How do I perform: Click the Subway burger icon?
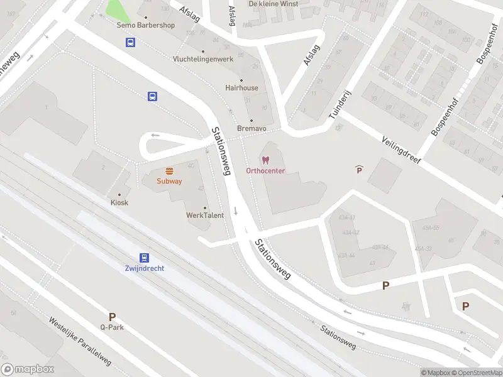169,171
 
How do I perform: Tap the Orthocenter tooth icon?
265,161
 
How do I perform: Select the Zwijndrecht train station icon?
145,258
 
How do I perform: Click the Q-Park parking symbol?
112,317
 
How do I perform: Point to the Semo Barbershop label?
146,26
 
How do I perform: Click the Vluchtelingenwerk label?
202,59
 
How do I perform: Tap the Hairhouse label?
241,88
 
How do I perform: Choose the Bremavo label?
251,128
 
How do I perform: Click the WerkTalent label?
204,216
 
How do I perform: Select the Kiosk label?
119,202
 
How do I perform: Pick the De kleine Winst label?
274,4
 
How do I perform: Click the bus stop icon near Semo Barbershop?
130,43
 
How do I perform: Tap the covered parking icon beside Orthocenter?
359,170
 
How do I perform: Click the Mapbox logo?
28,369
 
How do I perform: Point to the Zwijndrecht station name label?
145,268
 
